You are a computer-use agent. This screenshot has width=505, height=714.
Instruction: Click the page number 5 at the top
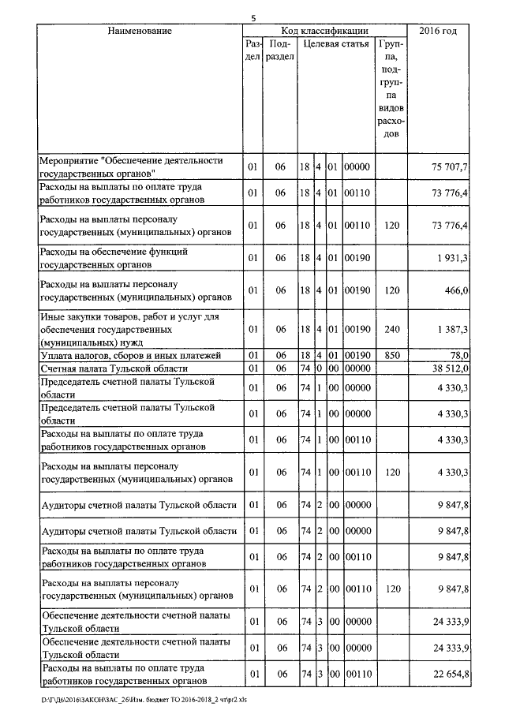253,18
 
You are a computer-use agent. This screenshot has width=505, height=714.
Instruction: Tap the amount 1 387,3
453,329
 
